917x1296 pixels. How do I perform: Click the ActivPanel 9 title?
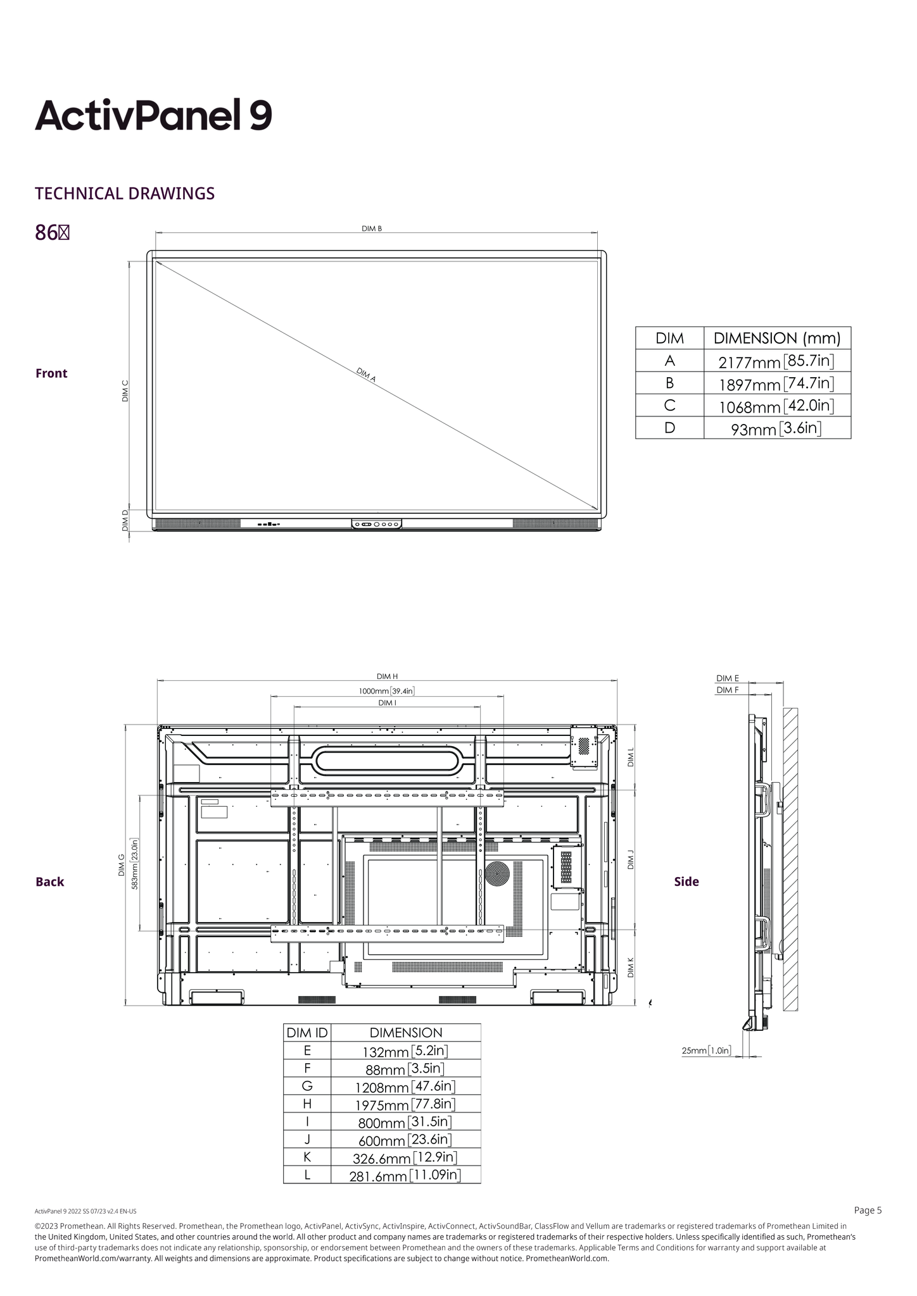tap(153, 115)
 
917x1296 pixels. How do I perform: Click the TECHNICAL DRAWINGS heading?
tap(125, 194)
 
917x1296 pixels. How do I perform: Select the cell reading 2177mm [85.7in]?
tap(776, 362)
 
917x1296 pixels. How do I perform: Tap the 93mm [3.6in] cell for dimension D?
tap(776, 429)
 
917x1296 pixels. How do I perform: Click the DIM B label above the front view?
tap(372, 228)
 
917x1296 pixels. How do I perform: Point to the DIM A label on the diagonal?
tap(366, 375)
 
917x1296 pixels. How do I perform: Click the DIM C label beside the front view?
tap(125, 390)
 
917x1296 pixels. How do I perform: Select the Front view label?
tap(51, 373)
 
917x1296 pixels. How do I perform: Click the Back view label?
tap(49, 882)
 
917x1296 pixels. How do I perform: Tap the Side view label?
tap(686, 882)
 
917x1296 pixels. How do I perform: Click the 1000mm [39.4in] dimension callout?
tap(386, 691)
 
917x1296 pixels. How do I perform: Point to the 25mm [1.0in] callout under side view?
tap(705, 1050)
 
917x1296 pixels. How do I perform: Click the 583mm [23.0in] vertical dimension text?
tap(134, 864)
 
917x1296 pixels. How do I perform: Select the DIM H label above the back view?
tap(387, 676)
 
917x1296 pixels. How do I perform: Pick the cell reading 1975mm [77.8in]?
tap(405, 1104)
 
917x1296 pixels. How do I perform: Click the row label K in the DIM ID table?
tap(307, 1157)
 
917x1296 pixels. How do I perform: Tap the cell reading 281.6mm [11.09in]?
tap(405, 1175)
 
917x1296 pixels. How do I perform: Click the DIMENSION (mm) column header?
tap(777, 338)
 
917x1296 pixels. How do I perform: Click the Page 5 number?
tap(868, 1211)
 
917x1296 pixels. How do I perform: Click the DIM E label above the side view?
tap(727, 678)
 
